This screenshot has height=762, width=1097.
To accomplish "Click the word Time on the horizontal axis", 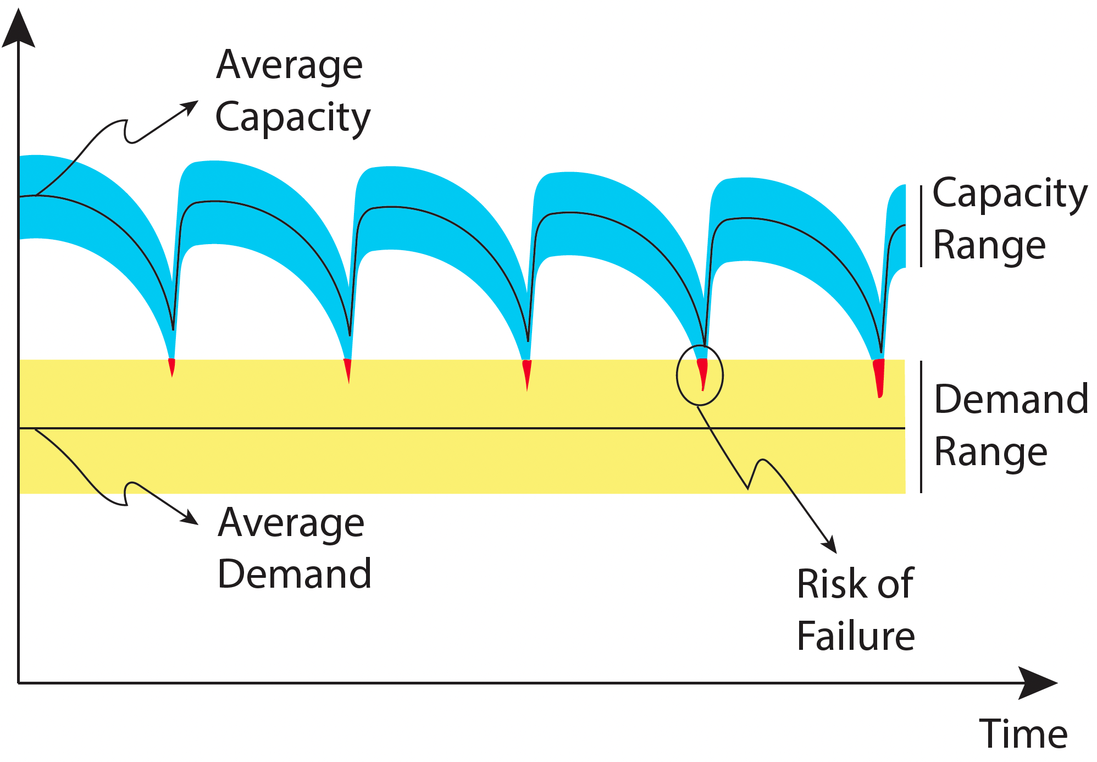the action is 1023,734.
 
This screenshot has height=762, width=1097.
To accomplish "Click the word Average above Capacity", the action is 290,65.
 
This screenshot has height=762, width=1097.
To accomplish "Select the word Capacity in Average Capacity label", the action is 293,118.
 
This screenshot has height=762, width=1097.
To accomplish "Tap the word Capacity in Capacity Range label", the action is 1010,194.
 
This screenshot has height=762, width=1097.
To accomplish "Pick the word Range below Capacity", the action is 990,246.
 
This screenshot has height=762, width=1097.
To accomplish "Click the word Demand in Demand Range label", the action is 1011,399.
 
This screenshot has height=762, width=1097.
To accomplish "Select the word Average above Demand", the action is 291,523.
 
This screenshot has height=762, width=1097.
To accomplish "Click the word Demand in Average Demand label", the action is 295,573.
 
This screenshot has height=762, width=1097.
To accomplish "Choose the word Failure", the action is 856,636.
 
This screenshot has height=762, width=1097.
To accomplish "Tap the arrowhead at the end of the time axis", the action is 1038,683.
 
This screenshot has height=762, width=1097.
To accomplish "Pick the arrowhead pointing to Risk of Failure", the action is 830,544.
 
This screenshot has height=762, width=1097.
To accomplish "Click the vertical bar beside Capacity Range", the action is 921,227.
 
